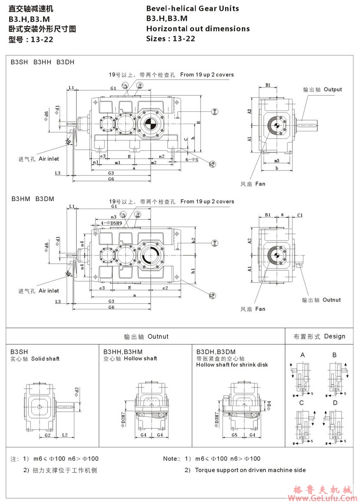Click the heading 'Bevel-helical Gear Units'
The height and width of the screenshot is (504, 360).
(x=192, y=8)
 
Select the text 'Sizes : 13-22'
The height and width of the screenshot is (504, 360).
(x=171, y=38)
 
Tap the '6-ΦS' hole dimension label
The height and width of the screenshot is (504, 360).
(x=192, y=160)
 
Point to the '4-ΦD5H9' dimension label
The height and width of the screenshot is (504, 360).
(x=111, y=223)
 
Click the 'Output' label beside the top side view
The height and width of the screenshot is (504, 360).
(x=333, y=89)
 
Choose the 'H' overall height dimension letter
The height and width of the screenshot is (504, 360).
(x=199, y=123)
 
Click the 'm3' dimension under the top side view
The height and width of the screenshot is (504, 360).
(x=277, y=161)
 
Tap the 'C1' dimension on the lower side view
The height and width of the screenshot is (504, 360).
(x=300, y=215)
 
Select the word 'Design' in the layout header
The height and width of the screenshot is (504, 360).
(x=334, y=336)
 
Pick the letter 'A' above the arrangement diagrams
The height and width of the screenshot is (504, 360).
(x=302, y=355)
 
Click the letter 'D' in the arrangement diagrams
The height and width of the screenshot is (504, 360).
(x=335, y=403)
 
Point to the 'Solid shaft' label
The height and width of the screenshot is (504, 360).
(x=45, y=359)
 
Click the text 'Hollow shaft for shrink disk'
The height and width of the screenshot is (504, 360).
(x=232, y=365)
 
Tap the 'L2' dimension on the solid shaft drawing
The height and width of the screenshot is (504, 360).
(x=64, y=435)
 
